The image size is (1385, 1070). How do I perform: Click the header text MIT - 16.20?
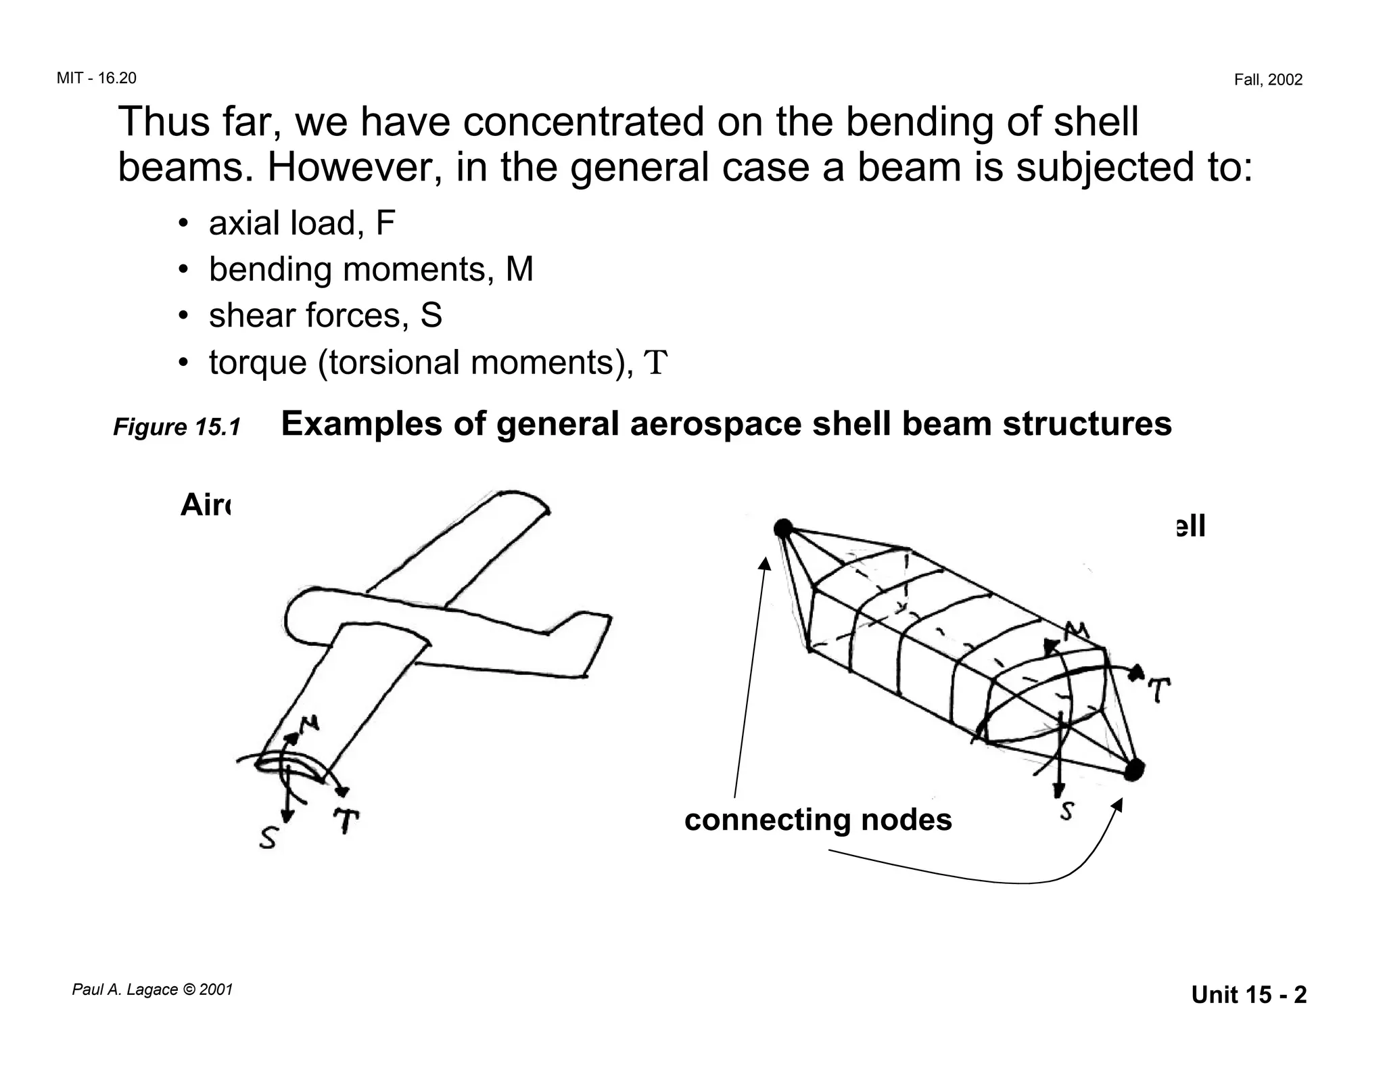point(96,78)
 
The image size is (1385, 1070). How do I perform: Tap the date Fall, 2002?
point(1268,80)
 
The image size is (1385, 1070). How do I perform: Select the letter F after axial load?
point(385,223)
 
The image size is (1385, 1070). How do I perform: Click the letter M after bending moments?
point(519,269)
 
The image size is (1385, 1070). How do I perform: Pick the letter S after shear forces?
point(431,316)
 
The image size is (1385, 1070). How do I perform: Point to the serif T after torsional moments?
point(655,363)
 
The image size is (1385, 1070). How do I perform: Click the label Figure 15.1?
point(177,427)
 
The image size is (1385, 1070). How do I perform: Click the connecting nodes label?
point(818,820)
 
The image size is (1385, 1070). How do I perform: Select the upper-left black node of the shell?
point(782,528)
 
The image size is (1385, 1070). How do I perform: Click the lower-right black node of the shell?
point(1134,769)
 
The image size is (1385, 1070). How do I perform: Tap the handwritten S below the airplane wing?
point(268,839)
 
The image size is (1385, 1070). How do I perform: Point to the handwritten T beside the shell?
point(1159,690)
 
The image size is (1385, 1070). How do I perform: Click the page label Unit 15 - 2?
point(1248,995)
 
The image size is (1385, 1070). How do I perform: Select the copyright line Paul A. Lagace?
point(152,990)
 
